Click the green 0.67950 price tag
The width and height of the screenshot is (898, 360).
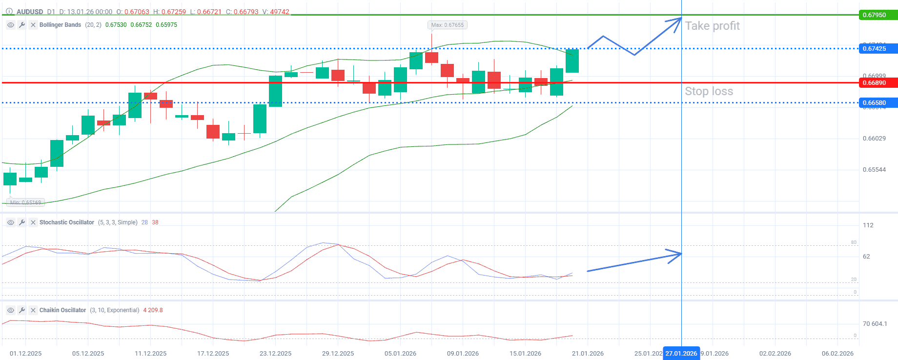pyautogui.click(x=877, y=15)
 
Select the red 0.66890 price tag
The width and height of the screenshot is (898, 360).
pyautogui.click(x=877, y=83)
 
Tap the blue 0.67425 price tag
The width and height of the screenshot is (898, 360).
pyautogui.click(x=877, y=49)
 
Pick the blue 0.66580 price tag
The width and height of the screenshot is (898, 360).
pyautogui.click(x=877, y=103)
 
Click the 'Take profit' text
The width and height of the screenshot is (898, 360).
pyautogui.click(x=712, y=26)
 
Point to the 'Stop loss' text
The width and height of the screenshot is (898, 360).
pyautogui.click(x=709, y=91)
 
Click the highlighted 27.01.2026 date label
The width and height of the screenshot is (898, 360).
pyautogui.click(x=681, y=354)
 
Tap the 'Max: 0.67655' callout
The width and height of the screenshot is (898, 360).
pyautogui.click(x=447, y=25)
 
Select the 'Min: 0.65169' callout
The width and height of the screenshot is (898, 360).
pyautogui.click(x=25, y=202)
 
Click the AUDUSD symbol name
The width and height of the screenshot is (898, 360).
pyautogui.click(x=30, y=12)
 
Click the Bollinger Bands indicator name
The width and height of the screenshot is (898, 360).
pyautogui.click(x=60, y=25)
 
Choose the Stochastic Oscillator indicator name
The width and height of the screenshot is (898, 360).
pyautogui.click(x=66, y=222)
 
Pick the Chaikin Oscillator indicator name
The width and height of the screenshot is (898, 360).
pyautogui.click(x=62, y=310)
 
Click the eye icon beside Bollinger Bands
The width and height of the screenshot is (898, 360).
pyautogui.click(x=10, y=25)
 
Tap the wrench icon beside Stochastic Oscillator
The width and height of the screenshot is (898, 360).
pyautogui.click(x=22, y=222)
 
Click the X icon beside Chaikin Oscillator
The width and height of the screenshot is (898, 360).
pyautogui.click(x=33, y=310)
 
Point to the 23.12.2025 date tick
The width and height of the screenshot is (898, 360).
pyautogui.click(x=275, y=354)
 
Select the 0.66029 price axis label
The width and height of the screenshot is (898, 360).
pyautogui.click(x=874, y=139)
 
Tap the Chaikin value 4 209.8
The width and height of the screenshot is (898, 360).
pyautogui.click(x=153, y=310)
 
